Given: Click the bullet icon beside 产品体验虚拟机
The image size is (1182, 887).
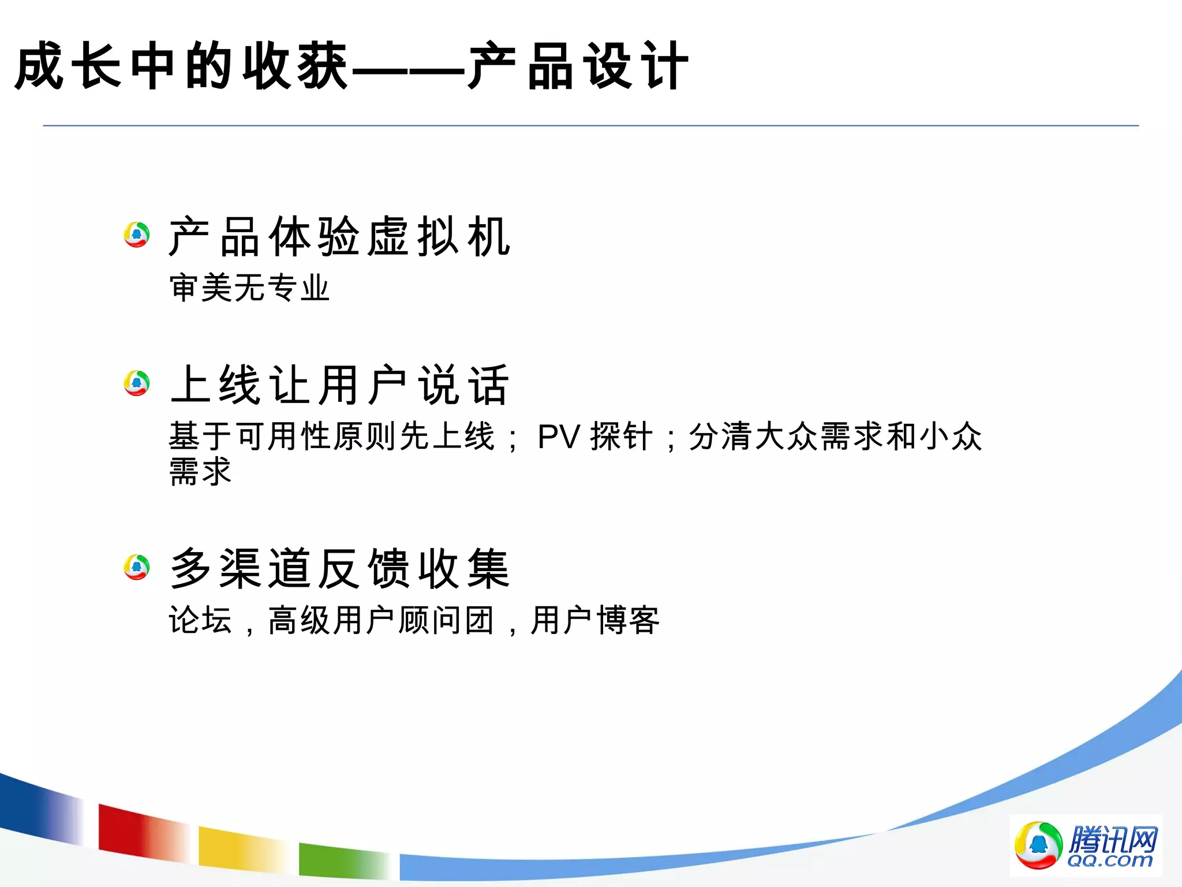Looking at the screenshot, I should (x=137, y=234).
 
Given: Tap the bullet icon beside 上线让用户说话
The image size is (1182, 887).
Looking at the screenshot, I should (x=137, y=383).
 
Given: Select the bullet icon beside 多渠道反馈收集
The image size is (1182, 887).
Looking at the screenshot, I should (x=137, y=567).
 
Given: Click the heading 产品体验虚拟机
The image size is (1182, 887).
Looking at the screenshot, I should (x=339, y=237).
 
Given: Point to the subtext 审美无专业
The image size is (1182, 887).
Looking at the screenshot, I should (x=249, y=288).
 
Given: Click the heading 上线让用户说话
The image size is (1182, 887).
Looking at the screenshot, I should (x=339, y=385).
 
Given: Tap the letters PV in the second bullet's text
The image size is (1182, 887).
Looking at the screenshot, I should (x=558, y=437).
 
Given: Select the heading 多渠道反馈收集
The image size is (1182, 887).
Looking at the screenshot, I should (x=339, y=569).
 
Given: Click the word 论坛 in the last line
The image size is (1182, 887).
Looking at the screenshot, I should (x=200, y=620).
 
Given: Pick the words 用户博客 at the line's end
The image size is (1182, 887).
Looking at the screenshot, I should (x=594, y=620).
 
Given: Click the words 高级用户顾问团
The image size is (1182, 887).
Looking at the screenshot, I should (x=381, y=620).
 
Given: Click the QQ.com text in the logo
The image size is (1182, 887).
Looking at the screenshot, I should (x=1109, y=860).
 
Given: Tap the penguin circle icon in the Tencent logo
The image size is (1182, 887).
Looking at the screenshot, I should (x=1038, y=845).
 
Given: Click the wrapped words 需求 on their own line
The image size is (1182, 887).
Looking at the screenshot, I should (x=200, y=471).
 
